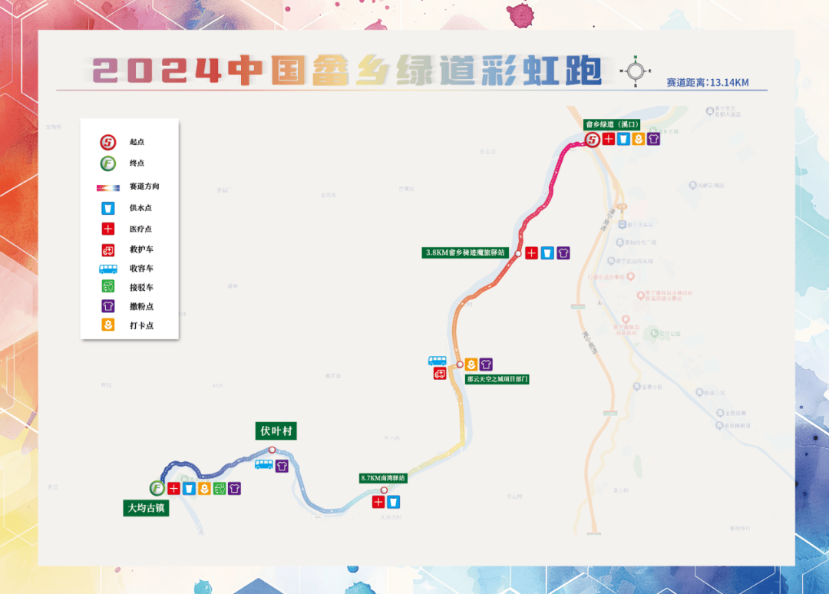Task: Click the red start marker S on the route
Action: click(x=593, y=140)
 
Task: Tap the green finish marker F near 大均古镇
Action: click(x=157, y=488)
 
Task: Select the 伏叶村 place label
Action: click(x=276, y=431)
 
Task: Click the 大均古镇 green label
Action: click(x=146, y=508)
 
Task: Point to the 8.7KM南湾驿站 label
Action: click(x=382, y=477)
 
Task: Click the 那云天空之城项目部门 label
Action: click(x=497, y=379)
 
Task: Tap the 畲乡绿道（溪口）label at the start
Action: click(x=612, y=124)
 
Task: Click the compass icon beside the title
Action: click(x=636, y=71)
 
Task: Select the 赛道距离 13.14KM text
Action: click(x=707, y=82)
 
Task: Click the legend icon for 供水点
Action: click(x=108, y=208)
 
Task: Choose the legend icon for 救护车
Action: click(x=108, y=249)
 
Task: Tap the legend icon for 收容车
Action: click(x=108, y=269)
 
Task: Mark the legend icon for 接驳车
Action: click(x=108, y=287)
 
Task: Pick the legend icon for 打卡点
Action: click(x=108, y=325)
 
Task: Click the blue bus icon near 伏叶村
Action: click(x=263, y=464)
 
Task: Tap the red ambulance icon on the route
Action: click(x=441, y=374)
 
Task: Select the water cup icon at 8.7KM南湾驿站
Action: click(x=394, y=502)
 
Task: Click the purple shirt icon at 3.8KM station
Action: click(x=563, y=253)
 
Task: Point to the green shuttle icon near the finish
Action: click(x=220, y=488)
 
